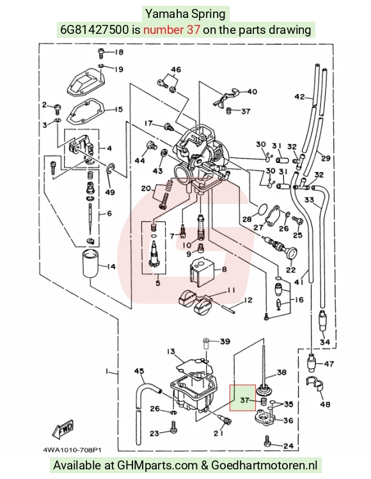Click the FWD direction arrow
63,428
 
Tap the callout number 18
118,52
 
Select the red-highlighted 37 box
242,398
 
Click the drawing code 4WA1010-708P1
72,450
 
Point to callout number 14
111,267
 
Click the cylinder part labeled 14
91,263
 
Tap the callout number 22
290,270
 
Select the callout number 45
139,371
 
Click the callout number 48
325,404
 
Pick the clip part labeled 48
315,384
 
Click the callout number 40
252,91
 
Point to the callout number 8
224,269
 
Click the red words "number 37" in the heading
171,29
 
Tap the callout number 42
299,97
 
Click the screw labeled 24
267,440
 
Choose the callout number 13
171,352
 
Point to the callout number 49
110,192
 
